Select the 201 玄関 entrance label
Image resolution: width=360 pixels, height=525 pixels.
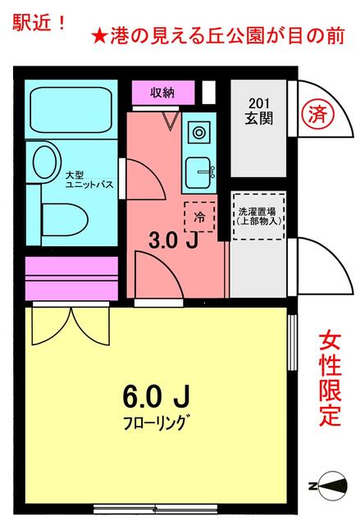tap(258, 110)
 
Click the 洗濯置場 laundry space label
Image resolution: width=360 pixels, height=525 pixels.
tap(258, 216)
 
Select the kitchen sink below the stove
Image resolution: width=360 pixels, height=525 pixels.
tap(198, 172)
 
